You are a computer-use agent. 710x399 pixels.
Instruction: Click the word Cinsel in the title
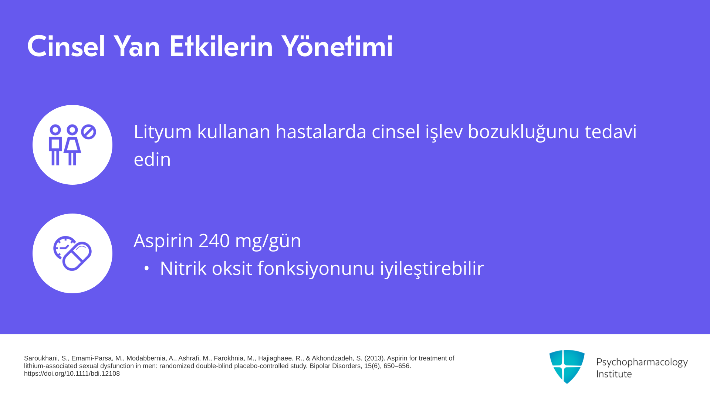click(66, 47)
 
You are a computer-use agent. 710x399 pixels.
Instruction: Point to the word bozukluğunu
click(524, 132)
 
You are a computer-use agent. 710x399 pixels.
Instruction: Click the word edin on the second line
click(152, 160)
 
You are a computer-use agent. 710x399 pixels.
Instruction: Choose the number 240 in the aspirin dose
click(214, 241)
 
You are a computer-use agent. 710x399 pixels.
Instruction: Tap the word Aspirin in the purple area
click(163, 241)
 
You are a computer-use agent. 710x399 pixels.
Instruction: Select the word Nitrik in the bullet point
click(183, 268)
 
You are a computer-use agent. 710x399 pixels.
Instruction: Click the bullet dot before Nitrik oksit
click(146, 269)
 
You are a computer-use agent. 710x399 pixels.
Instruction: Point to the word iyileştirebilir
click(432, 269)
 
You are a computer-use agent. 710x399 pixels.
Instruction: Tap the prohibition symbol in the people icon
click(88, 132)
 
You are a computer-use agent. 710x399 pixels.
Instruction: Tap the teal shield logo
click(567, 366)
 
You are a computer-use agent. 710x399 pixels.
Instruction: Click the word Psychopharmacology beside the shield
click(642, 362)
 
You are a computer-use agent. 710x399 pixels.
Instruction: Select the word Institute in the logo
click(614, 374)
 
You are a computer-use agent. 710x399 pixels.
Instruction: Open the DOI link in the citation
click(72, 374)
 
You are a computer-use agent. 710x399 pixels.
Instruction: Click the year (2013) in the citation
click(375, 358)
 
